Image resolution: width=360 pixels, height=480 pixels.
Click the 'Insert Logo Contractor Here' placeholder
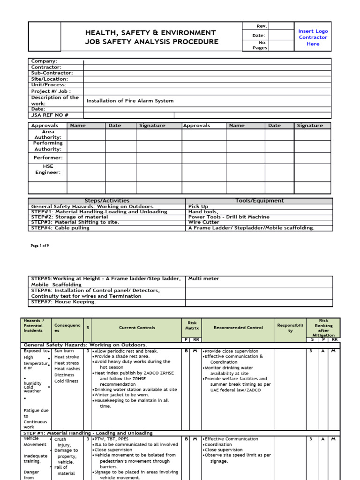(313, 37)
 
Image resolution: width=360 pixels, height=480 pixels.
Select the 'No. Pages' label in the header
(260, 45)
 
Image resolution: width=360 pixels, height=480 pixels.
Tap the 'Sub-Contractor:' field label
(52, 73)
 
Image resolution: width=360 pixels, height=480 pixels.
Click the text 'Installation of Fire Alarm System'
(130, 101)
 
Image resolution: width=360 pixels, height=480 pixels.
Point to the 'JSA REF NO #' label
(50, 115)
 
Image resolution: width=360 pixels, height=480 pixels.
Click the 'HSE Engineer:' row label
(48, 169)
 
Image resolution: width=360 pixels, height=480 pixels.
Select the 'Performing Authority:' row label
(48, 146)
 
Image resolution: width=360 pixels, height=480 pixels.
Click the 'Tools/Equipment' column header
(259, 201)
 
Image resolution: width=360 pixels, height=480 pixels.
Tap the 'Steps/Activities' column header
(107, 201)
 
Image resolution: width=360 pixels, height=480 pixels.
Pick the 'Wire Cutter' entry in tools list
(203, 222)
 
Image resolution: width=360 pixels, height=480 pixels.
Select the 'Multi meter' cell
(203, 278)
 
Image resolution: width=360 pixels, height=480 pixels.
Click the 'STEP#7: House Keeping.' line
(63, 302)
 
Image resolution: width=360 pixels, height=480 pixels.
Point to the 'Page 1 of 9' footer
(40, 246)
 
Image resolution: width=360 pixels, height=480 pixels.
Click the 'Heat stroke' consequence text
(67, 357)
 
